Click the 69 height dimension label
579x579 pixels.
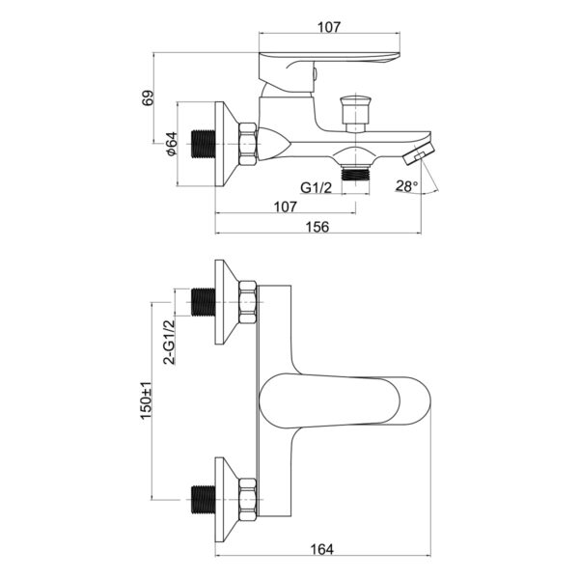(148, 97)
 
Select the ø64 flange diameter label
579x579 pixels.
(172, 144)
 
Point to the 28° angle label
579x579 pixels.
(407, 185)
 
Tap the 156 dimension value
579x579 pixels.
(317, 227)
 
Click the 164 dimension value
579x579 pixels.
(321, 549)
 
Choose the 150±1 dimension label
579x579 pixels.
(147, 400)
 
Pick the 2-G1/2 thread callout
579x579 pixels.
(170, 343)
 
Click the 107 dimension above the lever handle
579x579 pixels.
(329, 27)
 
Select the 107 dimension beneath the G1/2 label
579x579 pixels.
(285, 207)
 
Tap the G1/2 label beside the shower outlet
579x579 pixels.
(317, 188)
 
